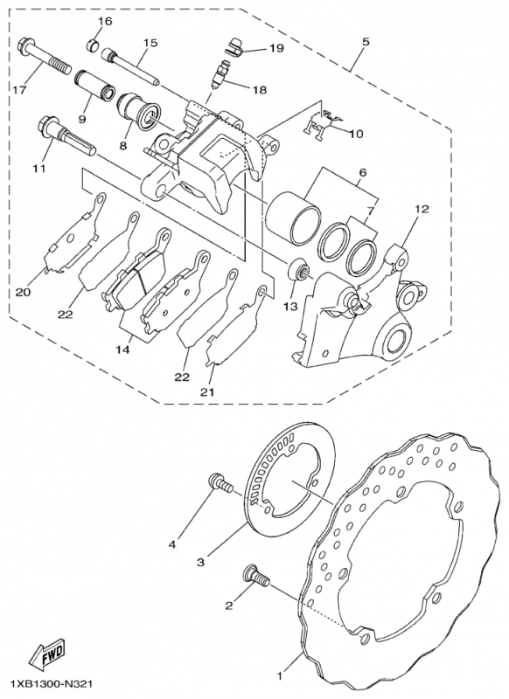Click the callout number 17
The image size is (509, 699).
coord(18,90)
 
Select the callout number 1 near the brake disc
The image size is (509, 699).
coord(282,675)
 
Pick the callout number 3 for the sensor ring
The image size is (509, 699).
coord(200,562)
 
